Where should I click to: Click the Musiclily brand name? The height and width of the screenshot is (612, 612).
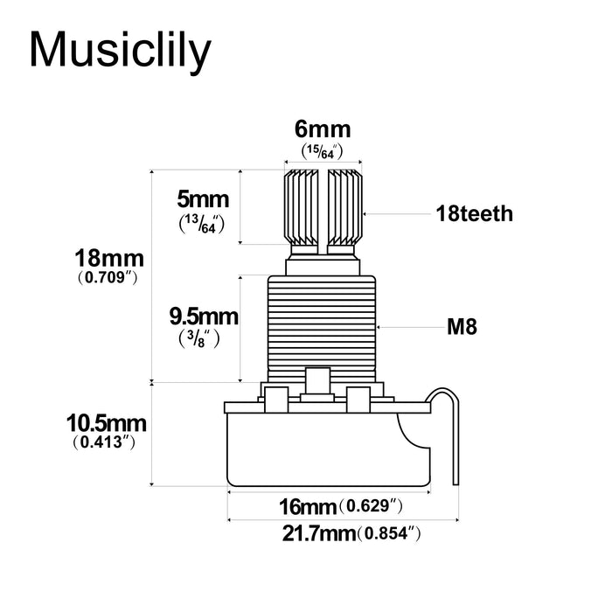(120, 50)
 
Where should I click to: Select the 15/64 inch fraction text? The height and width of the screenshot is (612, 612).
(322, 151)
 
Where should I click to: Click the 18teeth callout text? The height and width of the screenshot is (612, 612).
(474, 213)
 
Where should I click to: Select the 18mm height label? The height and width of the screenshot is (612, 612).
(109, 260)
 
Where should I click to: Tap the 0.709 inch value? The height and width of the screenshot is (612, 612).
(109, 279)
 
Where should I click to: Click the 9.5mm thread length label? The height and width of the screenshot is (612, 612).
(203, 314)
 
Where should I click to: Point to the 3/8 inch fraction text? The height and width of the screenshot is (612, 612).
(201, 337)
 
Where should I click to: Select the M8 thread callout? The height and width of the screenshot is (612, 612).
(465, 328)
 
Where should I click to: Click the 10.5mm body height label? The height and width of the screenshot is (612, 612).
(107, 423)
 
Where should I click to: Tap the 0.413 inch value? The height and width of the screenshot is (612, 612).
(107, 443)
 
